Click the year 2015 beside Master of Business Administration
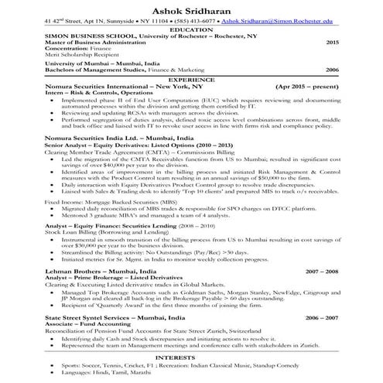[332, 42]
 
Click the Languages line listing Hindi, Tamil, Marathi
[108, 374]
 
